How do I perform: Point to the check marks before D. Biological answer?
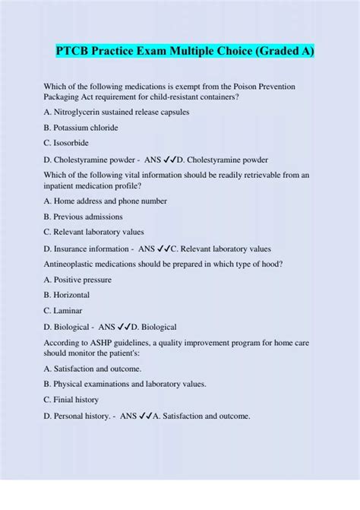(x=127, y=327)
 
